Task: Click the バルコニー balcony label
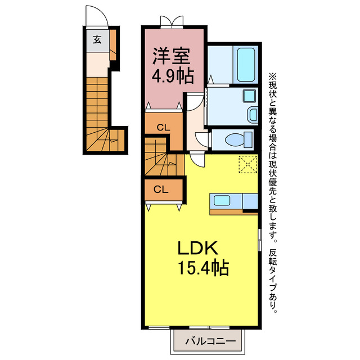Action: pyautogui.click(x=208, y=341)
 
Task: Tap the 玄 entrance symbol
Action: pyautogui.click(x=97, y=39)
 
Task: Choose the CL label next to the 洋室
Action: pyautogui.click(x=163, y=127)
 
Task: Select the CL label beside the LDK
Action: pyautogui.click(x=161, y=190)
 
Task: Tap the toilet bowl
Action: pyautogui.click(x=235, y=139)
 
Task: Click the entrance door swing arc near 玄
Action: pyautogui.click(x=93, y=16)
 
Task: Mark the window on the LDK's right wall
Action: pyautogui.click(x=259, y=239)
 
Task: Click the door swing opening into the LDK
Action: pyautogui.click(x=196, y=160)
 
